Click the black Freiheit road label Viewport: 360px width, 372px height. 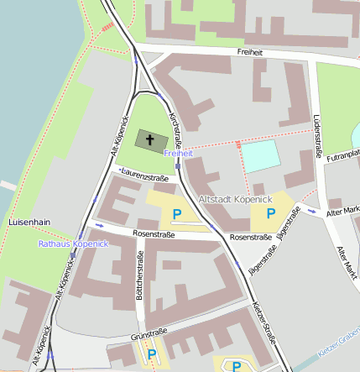point(250,52)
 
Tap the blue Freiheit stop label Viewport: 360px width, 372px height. point(179,154)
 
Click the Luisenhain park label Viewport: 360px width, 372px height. point(29,222)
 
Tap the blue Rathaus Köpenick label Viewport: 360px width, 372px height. point(73,244)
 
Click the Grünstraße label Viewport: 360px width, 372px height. point(146,337)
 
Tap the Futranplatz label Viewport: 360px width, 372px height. point(343,155)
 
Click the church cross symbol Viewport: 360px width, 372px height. point(149,138)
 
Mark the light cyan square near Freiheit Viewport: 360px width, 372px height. point(259,157)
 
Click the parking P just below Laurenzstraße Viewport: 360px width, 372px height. point(177,214)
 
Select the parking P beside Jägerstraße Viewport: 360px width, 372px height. point(270,214)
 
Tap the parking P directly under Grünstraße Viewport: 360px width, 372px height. point(152,354)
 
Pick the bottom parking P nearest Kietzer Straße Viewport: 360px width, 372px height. point(237,365)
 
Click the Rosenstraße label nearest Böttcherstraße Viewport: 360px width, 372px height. point(154,234)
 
